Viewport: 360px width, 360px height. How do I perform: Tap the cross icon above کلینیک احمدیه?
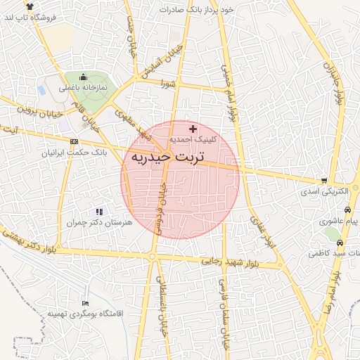pos(193,129)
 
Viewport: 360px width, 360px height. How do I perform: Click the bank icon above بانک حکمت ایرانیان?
pos(75,141)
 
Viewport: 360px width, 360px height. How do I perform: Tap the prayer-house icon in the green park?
pos(84,77)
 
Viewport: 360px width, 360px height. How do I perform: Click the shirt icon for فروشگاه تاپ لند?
pos(30,6)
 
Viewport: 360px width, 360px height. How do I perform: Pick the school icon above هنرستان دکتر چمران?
pos(99,211)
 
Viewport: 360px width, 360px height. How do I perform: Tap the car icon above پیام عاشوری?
pos(347,210)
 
